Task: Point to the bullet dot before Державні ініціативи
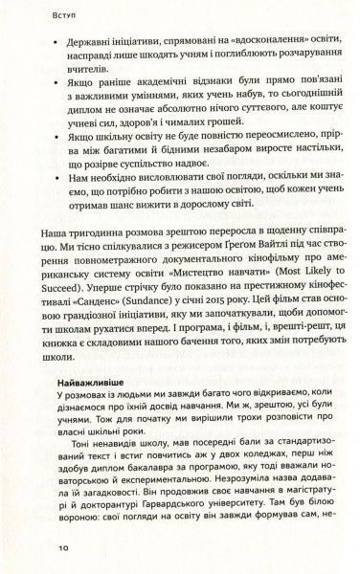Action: [x=44, y=45]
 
